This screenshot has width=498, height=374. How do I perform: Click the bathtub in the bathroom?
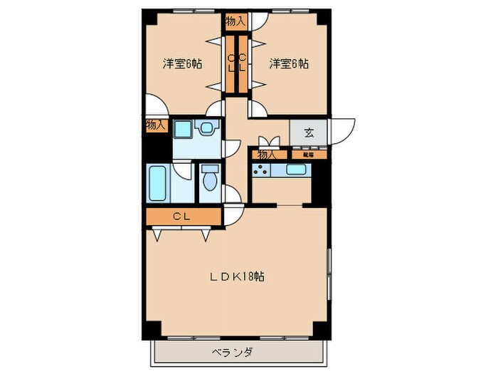coord(158,183)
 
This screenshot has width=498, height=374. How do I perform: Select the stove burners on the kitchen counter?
coord(261,170)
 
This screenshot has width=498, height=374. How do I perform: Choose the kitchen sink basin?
coord(295,170)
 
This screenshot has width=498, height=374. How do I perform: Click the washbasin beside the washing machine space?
coord(208,129)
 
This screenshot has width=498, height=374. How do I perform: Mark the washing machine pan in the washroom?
coord(183,130)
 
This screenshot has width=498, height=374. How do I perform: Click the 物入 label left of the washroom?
coord(156,125)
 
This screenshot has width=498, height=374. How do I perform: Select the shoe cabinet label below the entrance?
coord(309,154)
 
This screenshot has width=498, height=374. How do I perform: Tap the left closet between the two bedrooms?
coord(231,63)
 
